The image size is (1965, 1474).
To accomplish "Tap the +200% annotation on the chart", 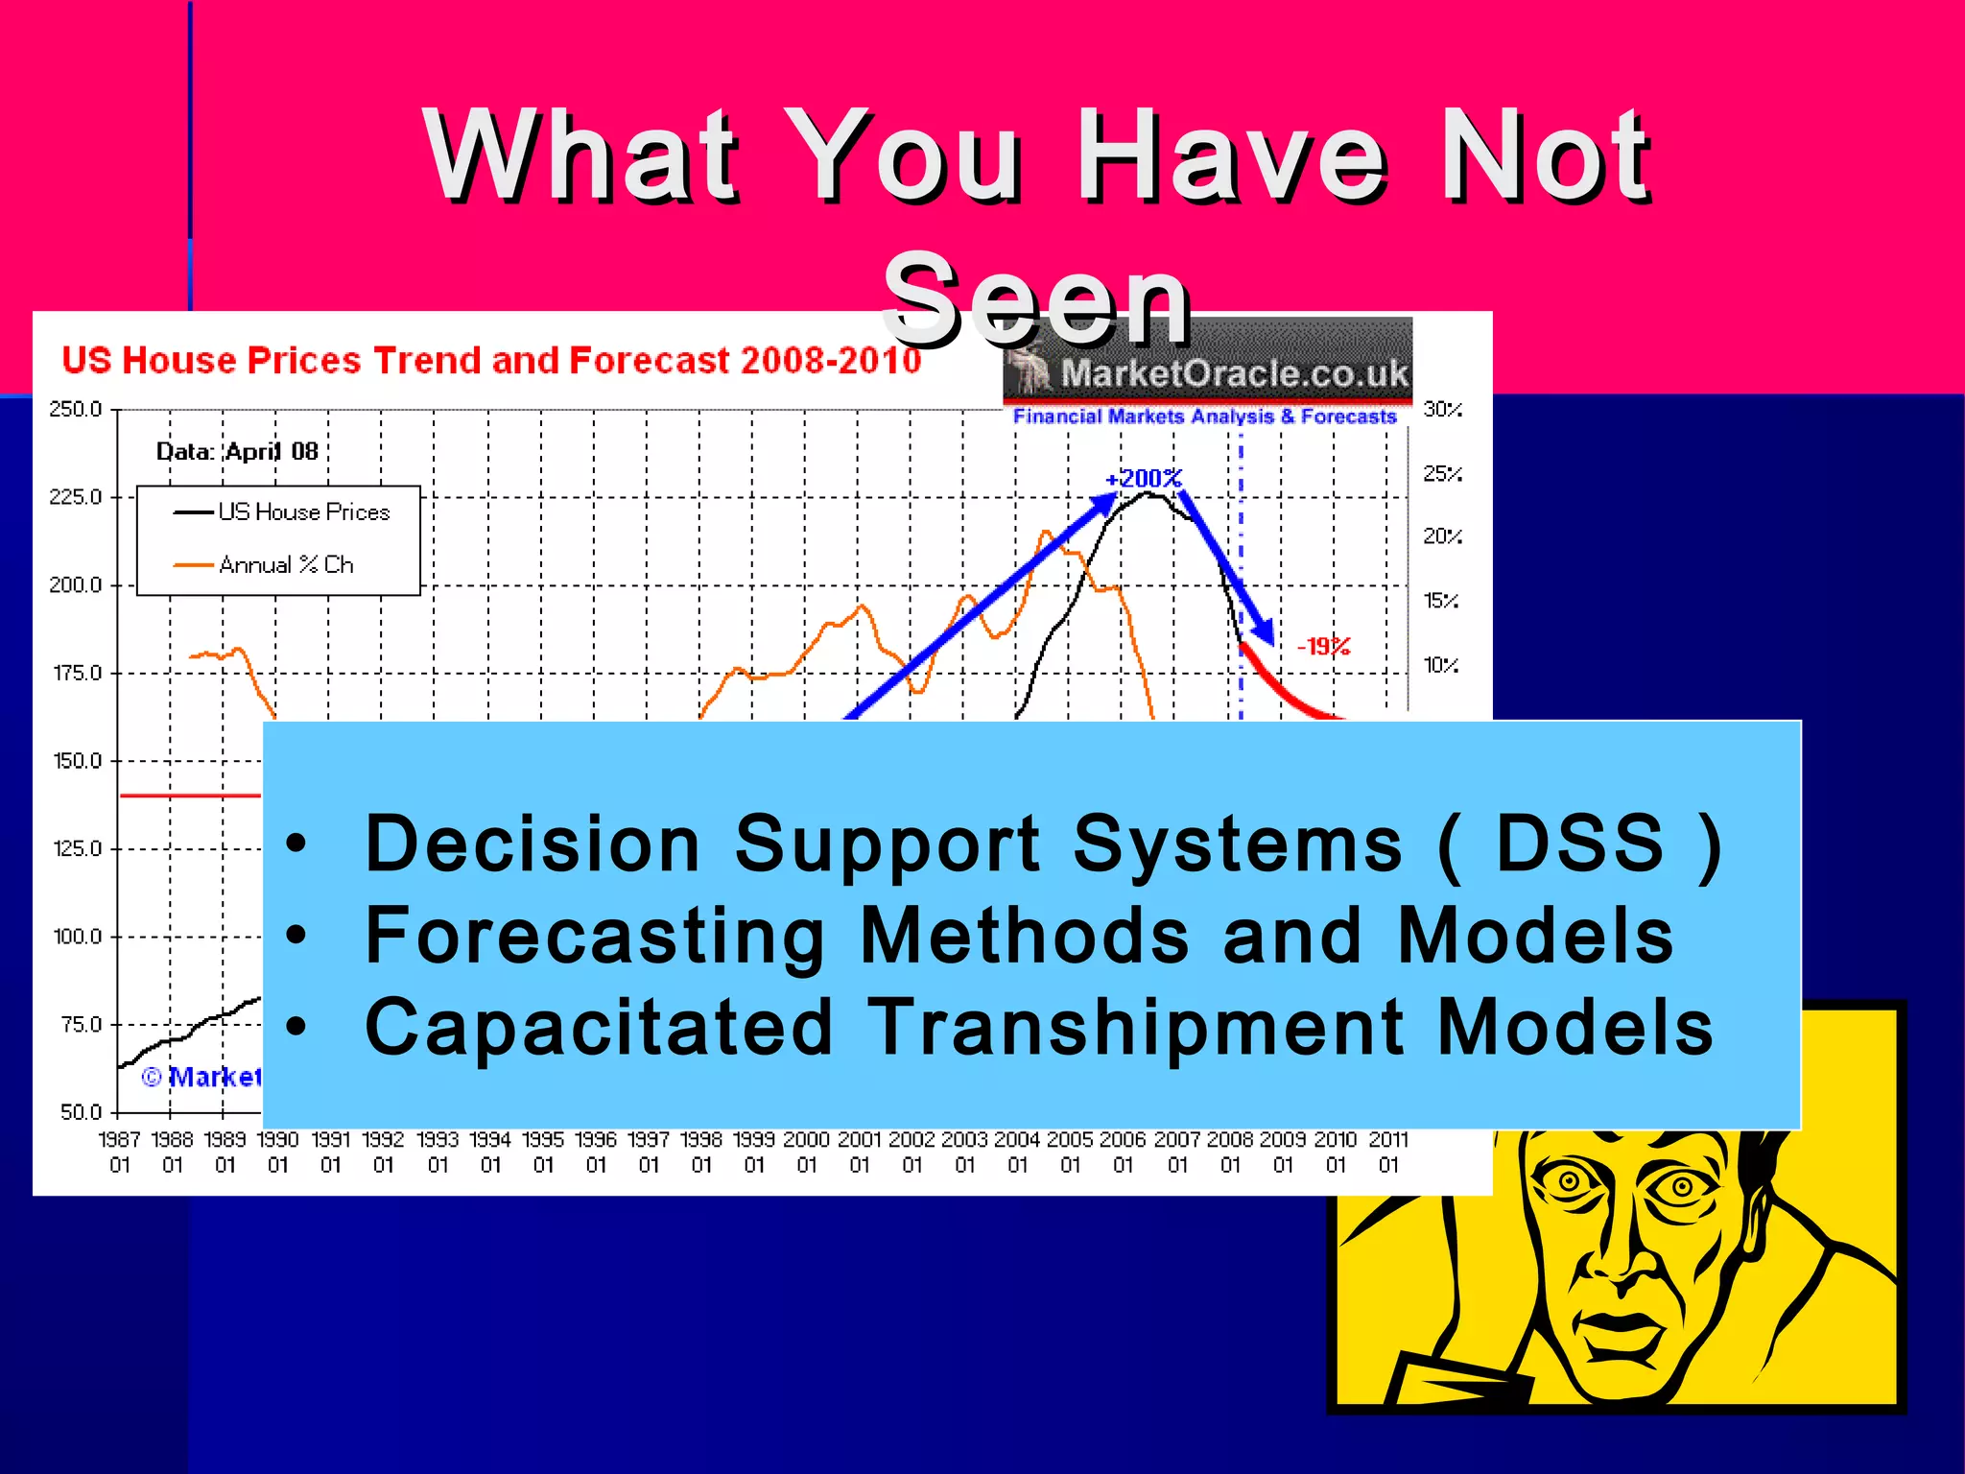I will click(x=1144, y=478).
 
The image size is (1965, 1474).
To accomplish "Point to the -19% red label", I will click(x=1324, y=647).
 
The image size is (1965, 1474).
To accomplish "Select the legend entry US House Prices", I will click(x=303, y=512).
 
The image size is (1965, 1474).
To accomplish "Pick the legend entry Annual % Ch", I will click(x=286, y=565).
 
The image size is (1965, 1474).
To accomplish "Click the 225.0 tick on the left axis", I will click(x=75, y=497).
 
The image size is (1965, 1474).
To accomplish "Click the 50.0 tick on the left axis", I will click(x=81, y=1112).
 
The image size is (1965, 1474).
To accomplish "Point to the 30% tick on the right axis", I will click(x=1442, y=410).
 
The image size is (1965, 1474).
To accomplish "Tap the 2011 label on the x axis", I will click(x=1388, y=1140).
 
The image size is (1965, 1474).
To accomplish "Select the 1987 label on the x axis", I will click(x=120, y=1140).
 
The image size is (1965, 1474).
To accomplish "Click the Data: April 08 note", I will click(x=237, y=451).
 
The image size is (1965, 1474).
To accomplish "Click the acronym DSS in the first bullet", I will click(x=1580, y=844).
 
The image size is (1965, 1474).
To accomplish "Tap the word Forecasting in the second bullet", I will click(x=595, y=936).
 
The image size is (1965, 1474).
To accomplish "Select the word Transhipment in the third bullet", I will click(x=1135, y=1028).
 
